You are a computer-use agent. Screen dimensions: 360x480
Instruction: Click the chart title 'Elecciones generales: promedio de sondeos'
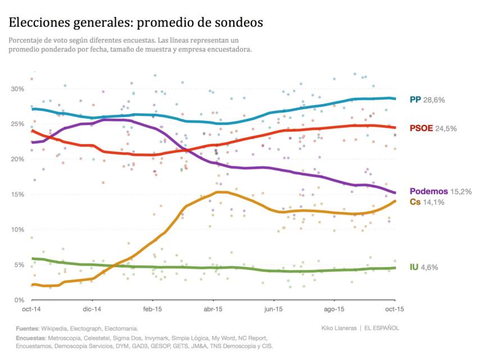pyautogui.click(x=135, y=22)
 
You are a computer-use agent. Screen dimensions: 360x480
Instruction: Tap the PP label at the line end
pyautogui.click(x=415, y=100)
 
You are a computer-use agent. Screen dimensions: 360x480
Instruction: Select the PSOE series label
pyautogui.click(x=421, y=128)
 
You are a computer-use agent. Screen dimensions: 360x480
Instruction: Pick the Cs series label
pyautogui.click(x=415, y=202)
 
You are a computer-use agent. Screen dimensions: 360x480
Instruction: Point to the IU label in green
pyautogui.click(x=414, y=267)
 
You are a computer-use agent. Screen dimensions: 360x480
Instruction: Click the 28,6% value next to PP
pyautogui.click(x=434, y=100)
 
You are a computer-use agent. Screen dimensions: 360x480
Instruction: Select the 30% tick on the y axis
pyautogui.click(x=17, y=89)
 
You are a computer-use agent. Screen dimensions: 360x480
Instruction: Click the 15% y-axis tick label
pyautogui.click(x=17, y=195)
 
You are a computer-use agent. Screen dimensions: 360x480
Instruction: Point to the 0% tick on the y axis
pyautogui.click(x=19, y=300)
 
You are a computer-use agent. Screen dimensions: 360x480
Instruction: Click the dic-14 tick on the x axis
pyautogui.click(x=92, y=309)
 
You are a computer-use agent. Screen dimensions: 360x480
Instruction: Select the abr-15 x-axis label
pyautogui.click(x=212, y=309)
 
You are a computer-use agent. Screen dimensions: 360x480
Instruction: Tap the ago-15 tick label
pyautogui.click(x=334, y=309)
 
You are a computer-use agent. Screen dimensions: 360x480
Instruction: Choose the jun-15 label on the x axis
pyautogui.click(x=273, y=309)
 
